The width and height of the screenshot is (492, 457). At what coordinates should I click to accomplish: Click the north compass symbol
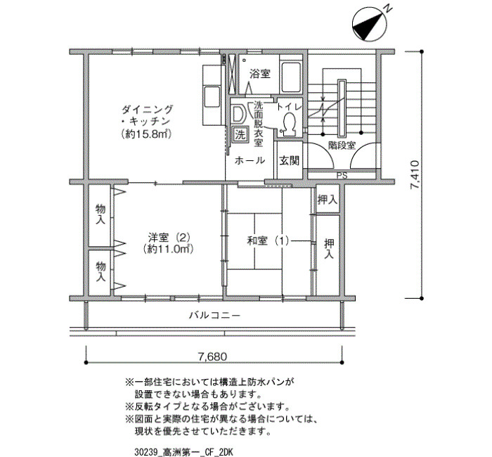(369, 25)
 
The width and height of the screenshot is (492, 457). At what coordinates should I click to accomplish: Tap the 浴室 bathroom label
(260, 74)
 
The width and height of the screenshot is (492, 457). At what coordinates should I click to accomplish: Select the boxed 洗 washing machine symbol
(240, 135)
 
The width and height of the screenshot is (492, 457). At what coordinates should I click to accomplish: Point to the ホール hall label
(250, 161)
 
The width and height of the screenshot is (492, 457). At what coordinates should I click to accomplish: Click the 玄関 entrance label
(290, 161)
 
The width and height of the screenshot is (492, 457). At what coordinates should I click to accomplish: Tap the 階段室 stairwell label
(342, 146)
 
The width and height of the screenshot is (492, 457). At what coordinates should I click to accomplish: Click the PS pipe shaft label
(342, 176)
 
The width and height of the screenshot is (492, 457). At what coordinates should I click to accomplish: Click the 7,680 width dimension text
(212, 356)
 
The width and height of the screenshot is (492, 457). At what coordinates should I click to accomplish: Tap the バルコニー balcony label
(214, 315)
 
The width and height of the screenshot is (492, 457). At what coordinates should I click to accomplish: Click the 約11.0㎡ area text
(167, 249)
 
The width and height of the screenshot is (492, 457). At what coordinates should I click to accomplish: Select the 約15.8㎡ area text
(146, 134)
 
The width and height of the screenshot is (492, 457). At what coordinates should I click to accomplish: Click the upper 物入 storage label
(101, 214)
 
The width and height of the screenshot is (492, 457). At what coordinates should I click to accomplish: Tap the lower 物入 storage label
(101, 271)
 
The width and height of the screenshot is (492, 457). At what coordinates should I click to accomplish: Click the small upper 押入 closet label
(328, 200)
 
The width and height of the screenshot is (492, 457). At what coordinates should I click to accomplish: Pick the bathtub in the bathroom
(290, 77)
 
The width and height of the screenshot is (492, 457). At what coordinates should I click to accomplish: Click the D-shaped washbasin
(238, 114)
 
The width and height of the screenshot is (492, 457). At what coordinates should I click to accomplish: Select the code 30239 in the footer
(145, 452)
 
